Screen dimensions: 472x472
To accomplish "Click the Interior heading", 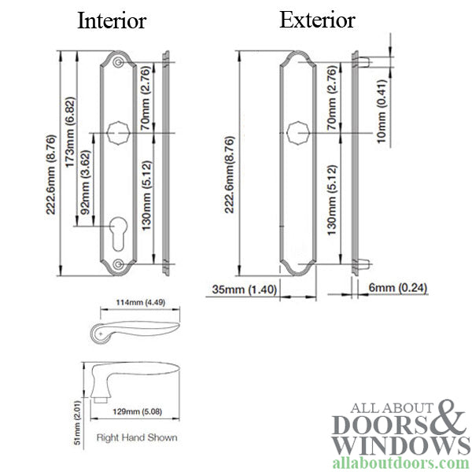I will (111, 21).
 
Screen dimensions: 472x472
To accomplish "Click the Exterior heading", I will (317, 20).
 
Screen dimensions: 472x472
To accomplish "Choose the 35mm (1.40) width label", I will (245, 289).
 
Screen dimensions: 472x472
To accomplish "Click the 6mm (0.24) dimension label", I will (397, 288).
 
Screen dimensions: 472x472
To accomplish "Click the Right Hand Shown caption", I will (136, 437).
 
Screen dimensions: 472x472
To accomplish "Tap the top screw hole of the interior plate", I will (119, 63).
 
